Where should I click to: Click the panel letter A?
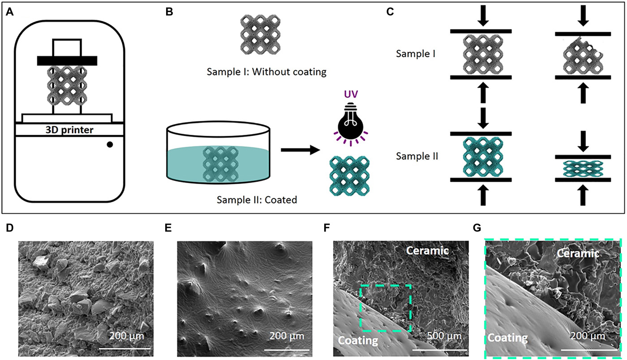[x=9, y=12]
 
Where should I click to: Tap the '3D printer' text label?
[x=67, y=130]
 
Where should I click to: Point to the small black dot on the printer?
[x=110, y=145]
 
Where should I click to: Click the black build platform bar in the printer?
[x=67, y=60]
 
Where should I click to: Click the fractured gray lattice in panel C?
[x=582, y=56]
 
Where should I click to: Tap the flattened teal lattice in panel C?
[x=582, y=168]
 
